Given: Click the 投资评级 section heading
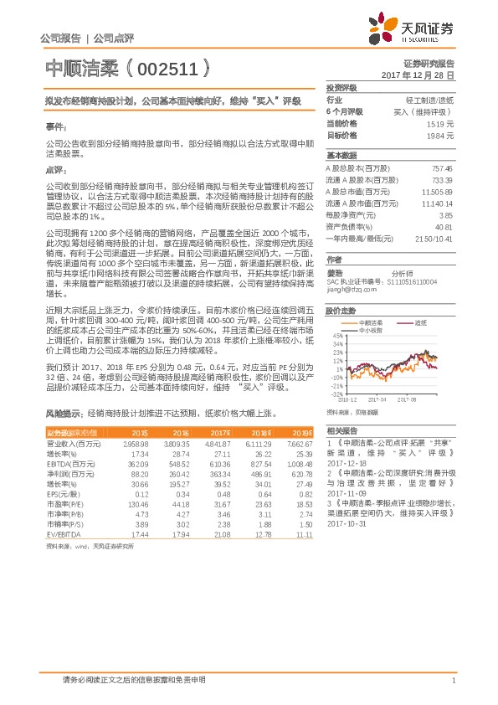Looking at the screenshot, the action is point(341,87).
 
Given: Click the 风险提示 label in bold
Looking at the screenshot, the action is point(63,414).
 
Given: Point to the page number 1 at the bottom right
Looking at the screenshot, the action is point(452,681).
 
